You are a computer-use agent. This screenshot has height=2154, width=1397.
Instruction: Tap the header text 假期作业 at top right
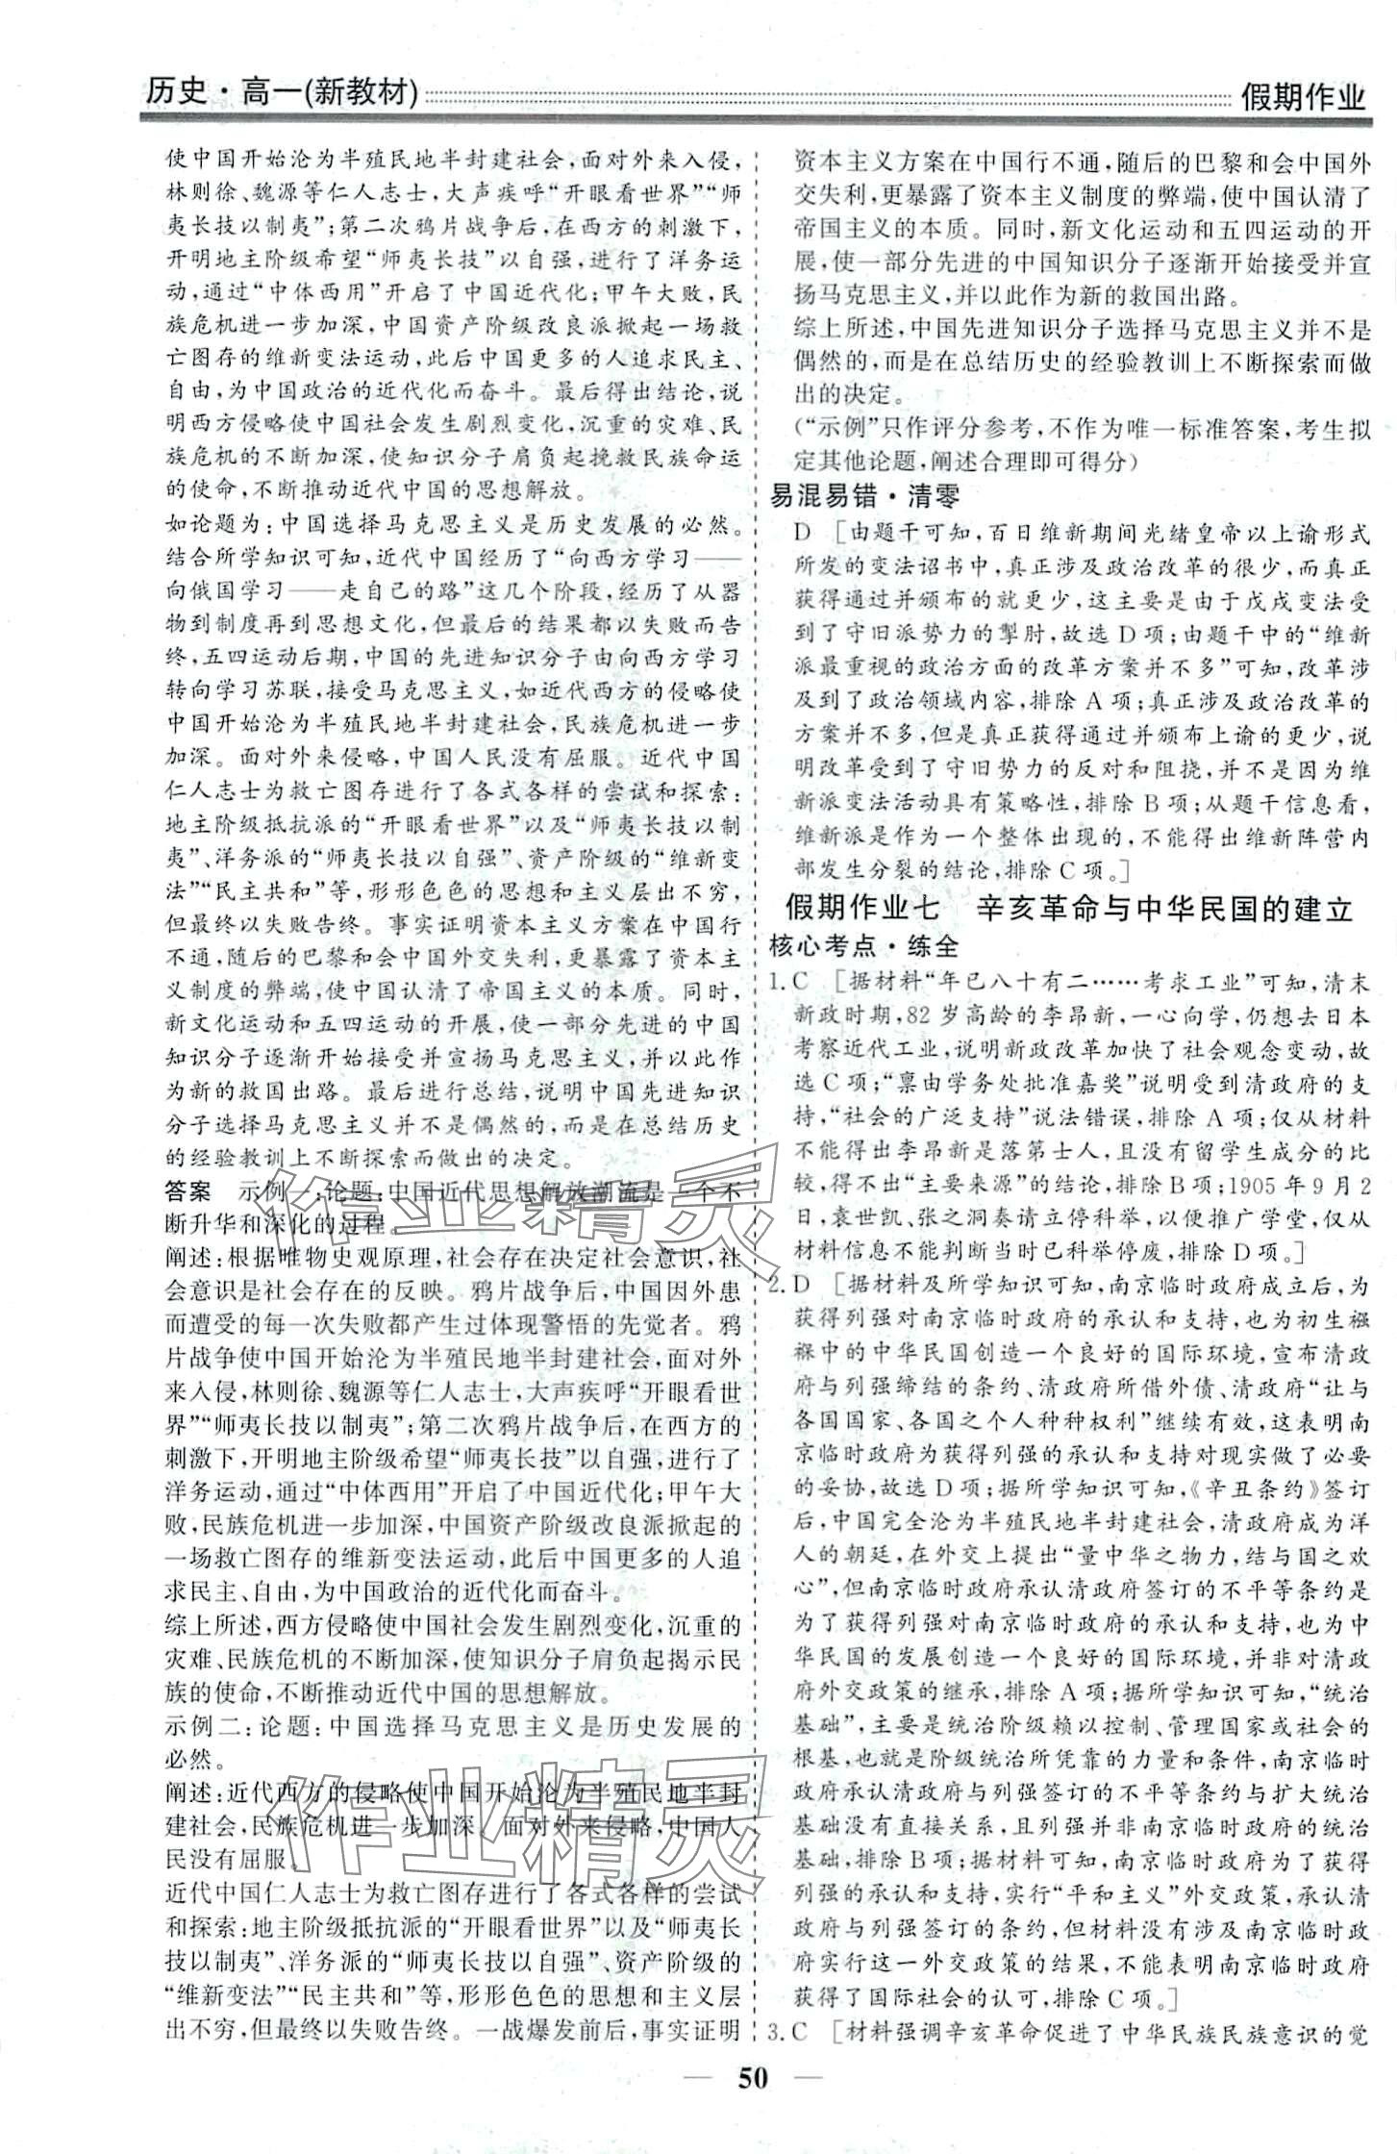point(1302,96)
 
